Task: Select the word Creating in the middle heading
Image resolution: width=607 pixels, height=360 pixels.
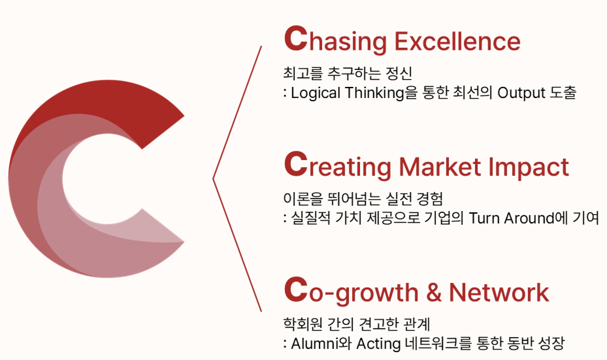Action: point(337,166)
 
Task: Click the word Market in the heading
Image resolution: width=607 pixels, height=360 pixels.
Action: point(440,166)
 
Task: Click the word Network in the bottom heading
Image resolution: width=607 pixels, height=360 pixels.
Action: point(499,292)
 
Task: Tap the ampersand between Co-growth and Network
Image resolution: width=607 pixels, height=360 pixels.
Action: point(434,292)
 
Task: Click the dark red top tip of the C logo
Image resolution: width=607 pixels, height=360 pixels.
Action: point(184,116)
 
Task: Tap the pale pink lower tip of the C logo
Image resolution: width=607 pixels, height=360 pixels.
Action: point(184,242)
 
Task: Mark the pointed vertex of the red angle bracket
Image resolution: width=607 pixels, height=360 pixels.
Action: point(213,179)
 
